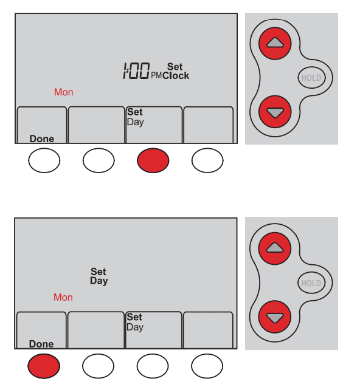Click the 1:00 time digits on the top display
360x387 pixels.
click(136, 71)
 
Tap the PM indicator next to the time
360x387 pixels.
click(156, 75)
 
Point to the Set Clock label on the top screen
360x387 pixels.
click(176, 71)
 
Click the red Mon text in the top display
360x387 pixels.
click(63, 92)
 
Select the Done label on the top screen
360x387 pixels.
click(42, 139)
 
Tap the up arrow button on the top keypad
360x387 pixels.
click(275, 44)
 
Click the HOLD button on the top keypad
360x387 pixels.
click(311, 78)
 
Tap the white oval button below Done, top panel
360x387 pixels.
click(44, 160)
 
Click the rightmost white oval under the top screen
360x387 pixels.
click(207, 160)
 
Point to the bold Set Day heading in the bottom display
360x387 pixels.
click(99, 276)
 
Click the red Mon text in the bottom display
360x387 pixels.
click(63, 297)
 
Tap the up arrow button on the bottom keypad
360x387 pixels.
click(275, 248)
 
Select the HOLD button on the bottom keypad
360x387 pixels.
click(311, 283)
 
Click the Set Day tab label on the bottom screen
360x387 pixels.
click(135, 322)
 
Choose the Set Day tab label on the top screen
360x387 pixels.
click(136, 117)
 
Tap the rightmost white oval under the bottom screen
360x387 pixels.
click(207, 366)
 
